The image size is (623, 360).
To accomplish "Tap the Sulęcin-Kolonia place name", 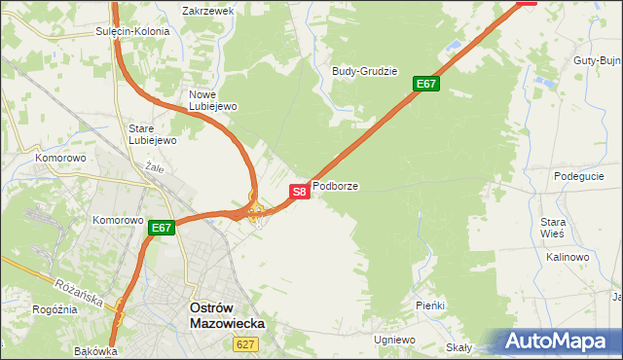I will coord(132,31).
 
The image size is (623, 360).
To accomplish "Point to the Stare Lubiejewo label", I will coord(152,133).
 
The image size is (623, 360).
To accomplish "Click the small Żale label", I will coord(153,166).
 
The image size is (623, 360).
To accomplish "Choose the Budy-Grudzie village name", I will coord(365,71).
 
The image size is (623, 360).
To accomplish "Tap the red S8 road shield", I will coord(300,192).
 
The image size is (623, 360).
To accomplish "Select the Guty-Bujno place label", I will coord(598,60).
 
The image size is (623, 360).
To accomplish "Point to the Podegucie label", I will coord(579,176).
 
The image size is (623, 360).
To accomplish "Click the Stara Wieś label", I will coord(553,228).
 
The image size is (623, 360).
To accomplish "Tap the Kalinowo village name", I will coord(568,257).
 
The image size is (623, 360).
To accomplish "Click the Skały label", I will coord(458,347).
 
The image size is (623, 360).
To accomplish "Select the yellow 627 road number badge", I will coord(244,344).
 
